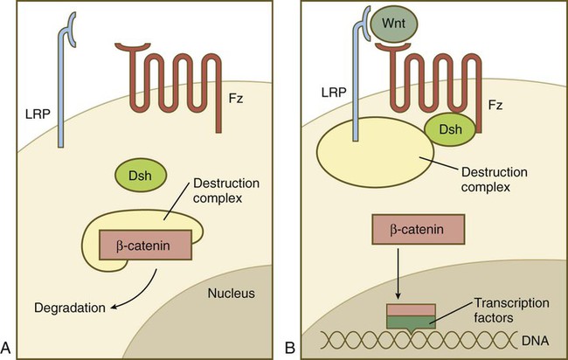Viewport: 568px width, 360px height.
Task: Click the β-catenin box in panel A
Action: click(144, 243)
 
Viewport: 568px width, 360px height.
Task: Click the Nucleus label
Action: click(230, 293)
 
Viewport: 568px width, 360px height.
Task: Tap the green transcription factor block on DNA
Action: click(411, 322)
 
